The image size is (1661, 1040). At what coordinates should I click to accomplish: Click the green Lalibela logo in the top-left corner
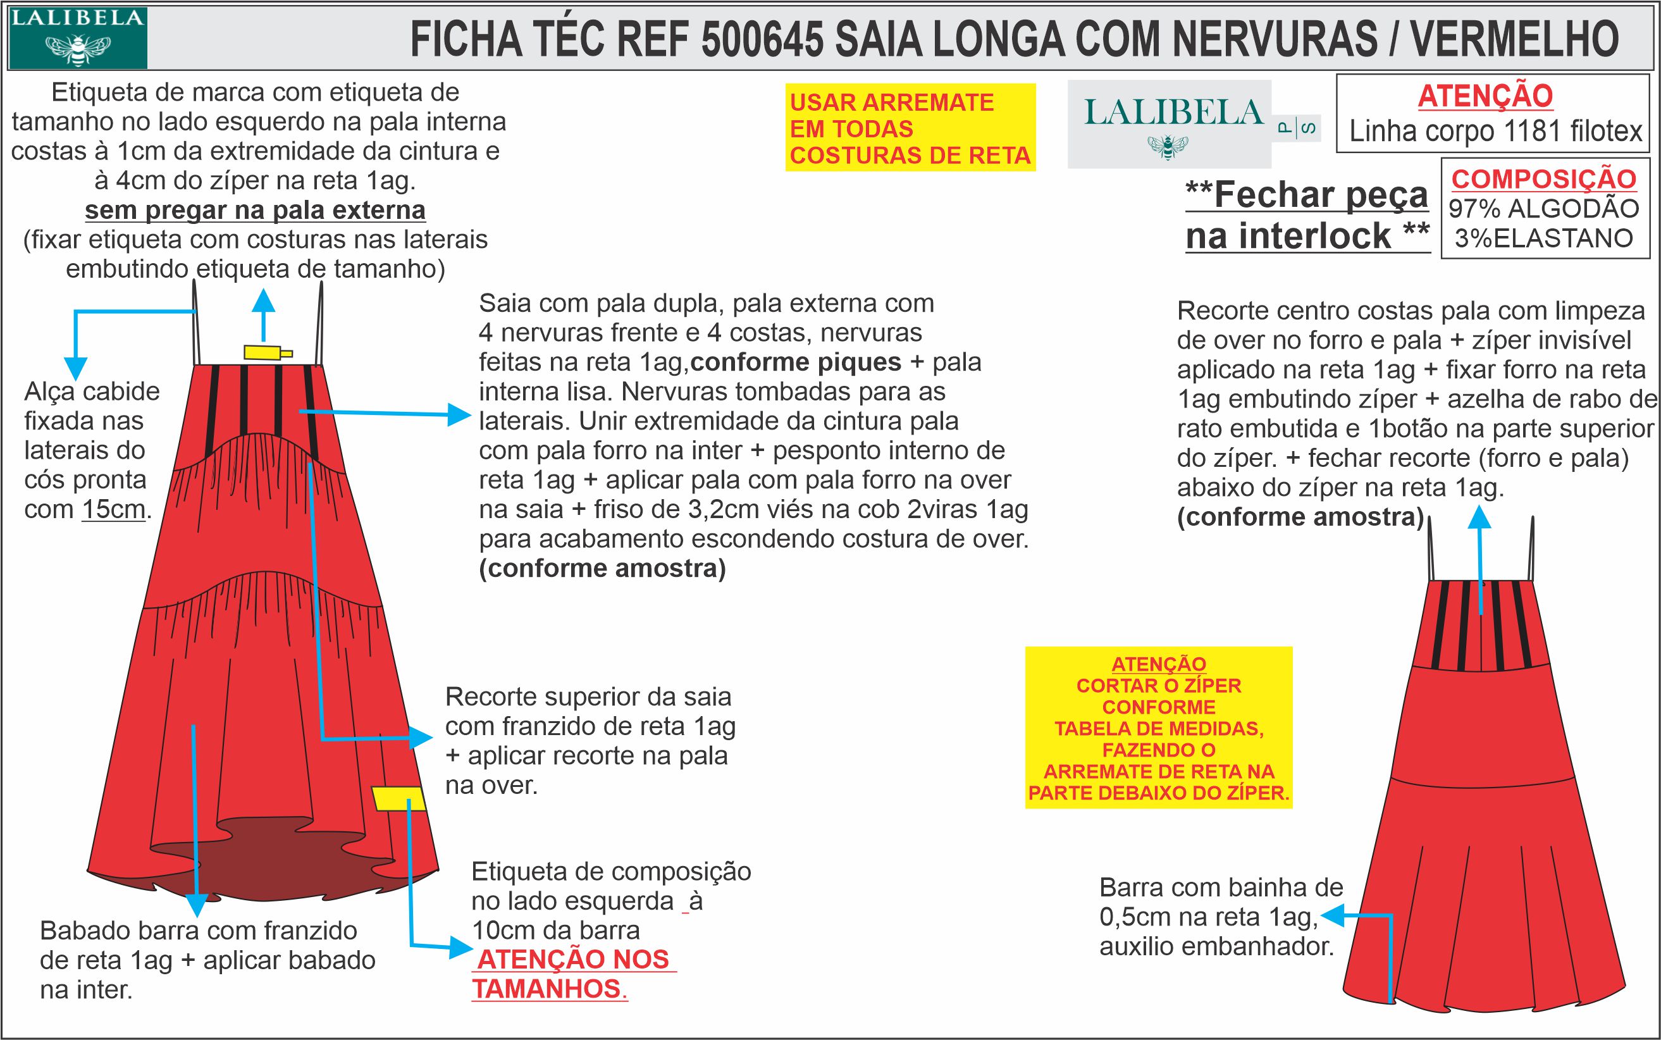(x=77, y=37)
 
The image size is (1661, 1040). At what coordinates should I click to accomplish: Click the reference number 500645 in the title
(x=762, y=39)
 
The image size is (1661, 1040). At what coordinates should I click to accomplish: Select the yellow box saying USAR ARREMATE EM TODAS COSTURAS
(x=910, y=128)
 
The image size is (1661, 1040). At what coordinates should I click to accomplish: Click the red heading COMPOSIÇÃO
(x=1543, y=179)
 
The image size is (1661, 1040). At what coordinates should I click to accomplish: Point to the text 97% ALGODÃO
(x=1543, y=208)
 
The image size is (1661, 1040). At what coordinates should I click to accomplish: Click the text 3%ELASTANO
(x=1543, y=238)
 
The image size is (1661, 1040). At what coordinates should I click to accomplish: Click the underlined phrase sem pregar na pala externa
(x=255, y=210)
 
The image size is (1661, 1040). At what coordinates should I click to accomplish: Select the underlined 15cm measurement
(x=113, y=510)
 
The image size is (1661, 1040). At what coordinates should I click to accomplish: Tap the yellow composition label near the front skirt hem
(x=398, y=798)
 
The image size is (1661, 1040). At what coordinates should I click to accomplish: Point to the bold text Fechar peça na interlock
(x=1307, y=215)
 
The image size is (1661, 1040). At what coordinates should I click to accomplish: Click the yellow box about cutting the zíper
(x=1158, y=727)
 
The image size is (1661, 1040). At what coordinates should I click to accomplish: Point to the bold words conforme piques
(x=795, y=362)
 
